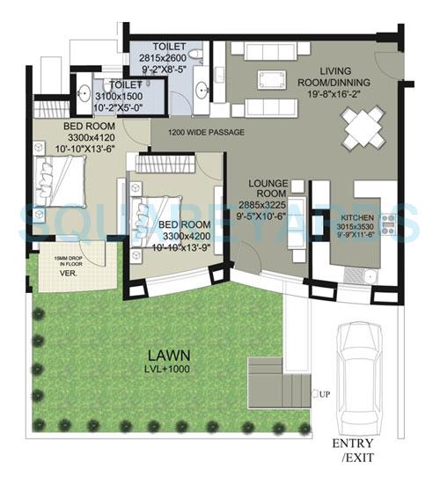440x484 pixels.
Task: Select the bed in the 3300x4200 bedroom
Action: (x=157, y=210)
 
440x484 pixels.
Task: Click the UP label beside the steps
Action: (x=326, y=393)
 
